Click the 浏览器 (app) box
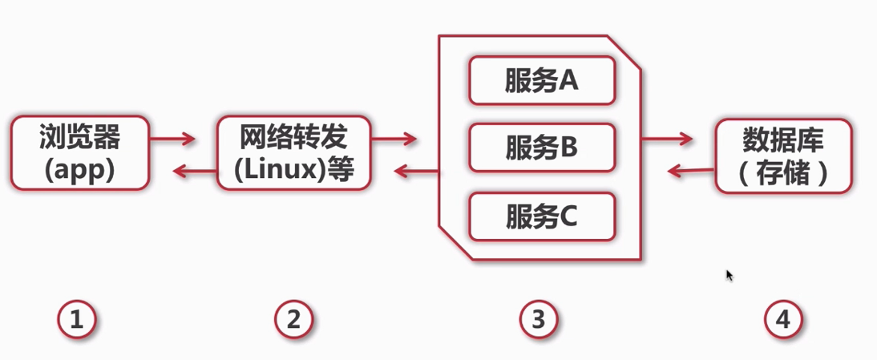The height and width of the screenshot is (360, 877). click(79, 152)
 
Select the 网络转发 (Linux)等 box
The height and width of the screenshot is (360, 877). click(294, 152)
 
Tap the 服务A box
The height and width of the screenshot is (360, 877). click(542, 80)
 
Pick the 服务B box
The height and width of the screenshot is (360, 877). click(542, 148)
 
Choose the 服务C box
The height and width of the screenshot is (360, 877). click(542, 216)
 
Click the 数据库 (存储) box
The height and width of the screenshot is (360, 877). click(782, 156)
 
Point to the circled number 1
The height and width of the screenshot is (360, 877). click(77, 321)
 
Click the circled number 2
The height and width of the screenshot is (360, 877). click(293, 321)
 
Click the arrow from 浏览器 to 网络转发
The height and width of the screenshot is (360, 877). click(173, 140)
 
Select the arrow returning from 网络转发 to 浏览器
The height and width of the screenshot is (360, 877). click(196, 170)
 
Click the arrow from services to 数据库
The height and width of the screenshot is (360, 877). click(667, 140)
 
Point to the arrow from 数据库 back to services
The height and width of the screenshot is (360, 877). click(691, 170)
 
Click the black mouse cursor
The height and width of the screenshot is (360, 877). click(729, 275)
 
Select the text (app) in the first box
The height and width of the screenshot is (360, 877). click(79, 170)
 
